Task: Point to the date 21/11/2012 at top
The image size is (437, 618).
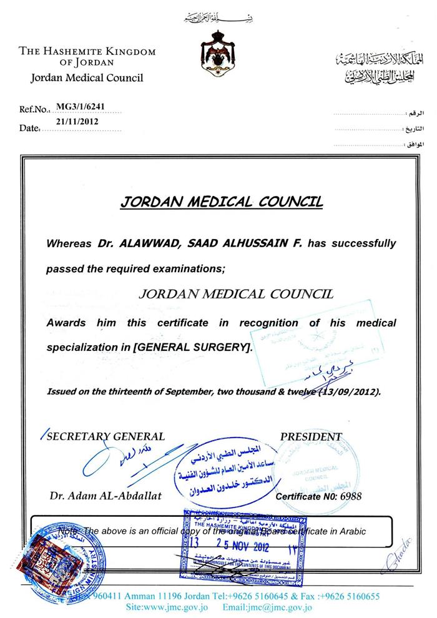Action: click(77, 122)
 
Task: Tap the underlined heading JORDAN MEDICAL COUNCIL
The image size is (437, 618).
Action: click(221, 202)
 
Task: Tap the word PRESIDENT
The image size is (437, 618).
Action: click(311, 437)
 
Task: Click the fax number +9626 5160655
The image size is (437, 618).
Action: click(354, 596)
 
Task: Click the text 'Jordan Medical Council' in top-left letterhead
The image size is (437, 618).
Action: click(83, 78)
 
